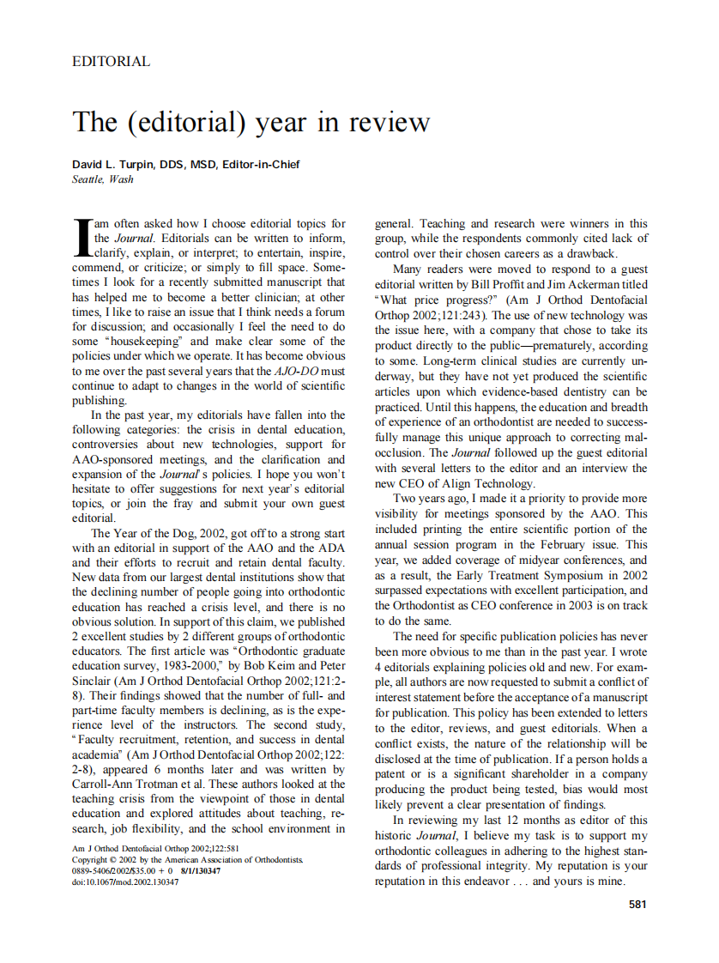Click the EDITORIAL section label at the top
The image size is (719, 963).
point(112,62)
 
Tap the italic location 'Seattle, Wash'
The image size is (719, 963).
point(103,179)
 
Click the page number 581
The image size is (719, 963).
point(637,903)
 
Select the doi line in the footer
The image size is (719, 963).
point(125,881)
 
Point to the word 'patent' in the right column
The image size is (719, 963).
point(394,774)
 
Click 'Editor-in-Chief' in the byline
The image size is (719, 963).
point(261,165)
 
